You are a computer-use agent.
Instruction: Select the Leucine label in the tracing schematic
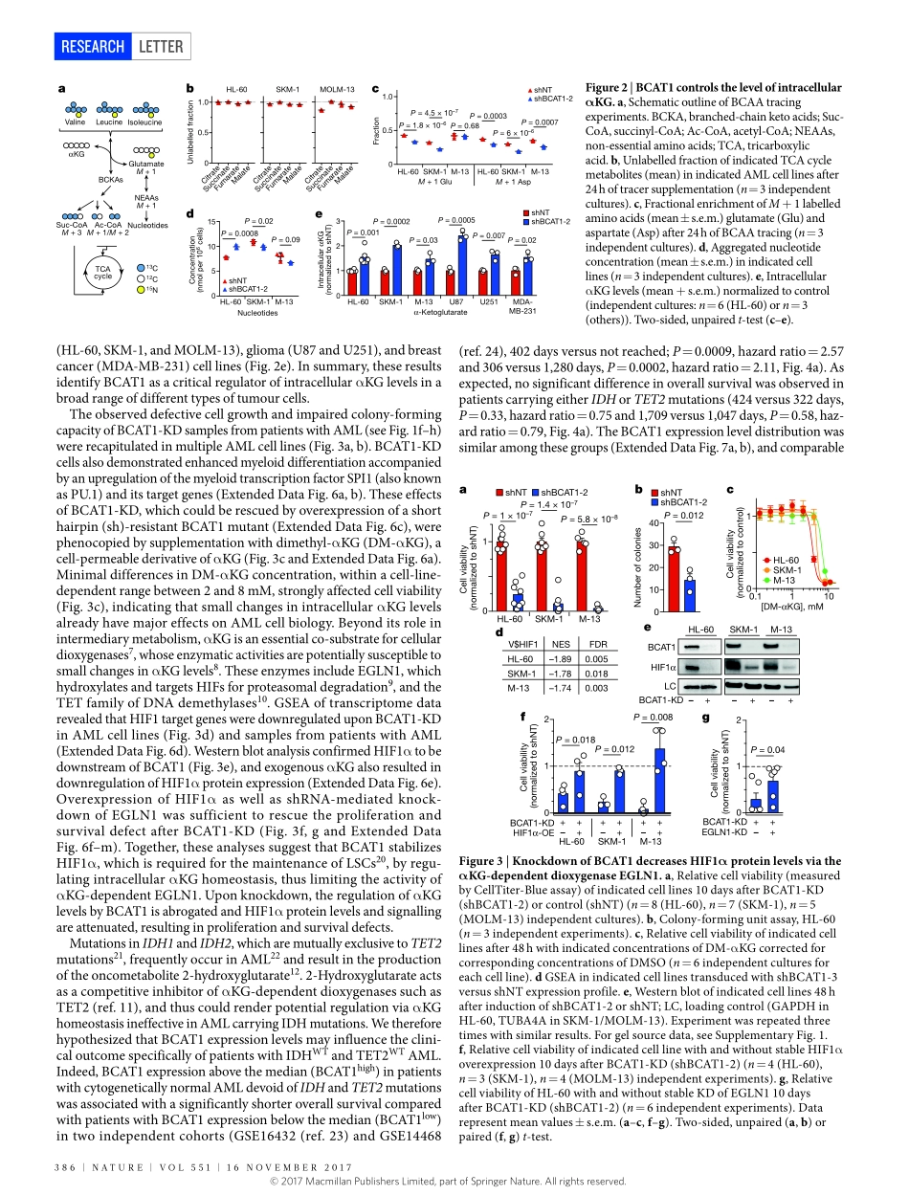(x=110, y=122)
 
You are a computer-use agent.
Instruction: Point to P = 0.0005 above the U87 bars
(x=455, y=220)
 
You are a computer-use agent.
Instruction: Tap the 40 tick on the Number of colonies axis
(x=654, y=522)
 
